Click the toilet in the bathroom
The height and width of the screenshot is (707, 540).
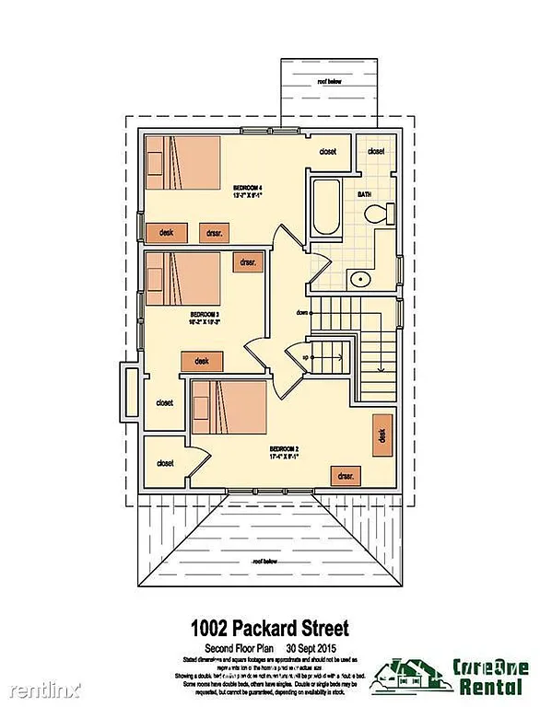(375, 215)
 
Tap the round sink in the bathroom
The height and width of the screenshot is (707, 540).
(359, 279)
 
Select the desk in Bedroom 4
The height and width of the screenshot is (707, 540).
(167, 232)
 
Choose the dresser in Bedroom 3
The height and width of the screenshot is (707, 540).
(246, 262)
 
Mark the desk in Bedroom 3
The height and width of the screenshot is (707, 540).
(202, 361)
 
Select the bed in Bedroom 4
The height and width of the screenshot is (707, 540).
(182, 163)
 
